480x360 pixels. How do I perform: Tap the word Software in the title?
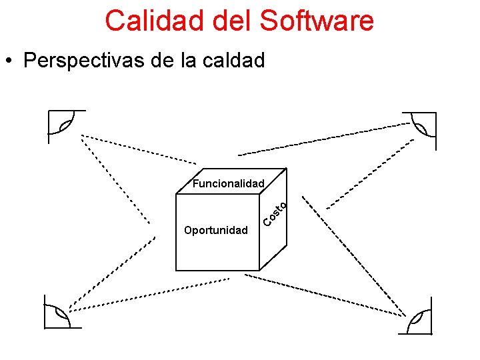317,21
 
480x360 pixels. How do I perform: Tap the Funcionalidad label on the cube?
229,183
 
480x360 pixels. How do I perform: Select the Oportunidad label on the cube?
215,231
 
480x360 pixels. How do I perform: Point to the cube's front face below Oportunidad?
217,253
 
